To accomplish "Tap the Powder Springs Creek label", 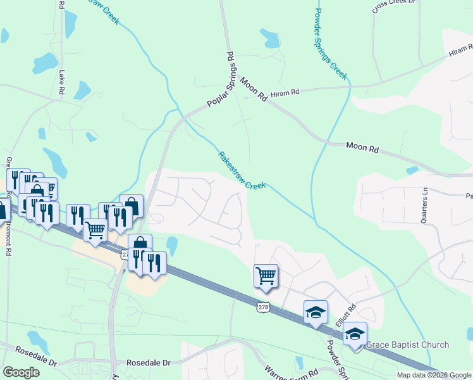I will (330, 43).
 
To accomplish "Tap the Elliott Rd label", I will (347, 315).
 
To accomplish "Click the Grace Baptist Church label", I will (408, 345).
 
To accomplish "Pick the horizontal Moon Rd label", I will (362, 149).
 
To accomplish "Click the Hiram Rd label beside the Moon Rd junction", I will (284, 93).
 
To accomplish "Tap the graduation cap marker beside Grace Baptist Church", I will (355, 333).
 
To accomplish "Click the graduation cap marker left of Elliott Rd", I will (316, 312).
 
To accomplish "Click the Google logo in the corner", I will (21, 372).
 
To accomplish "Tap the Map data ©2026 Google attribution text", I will (434, 375).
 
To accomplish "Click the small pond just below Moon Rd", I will (412, 170).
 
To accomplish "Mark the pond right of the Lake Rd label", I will (82, 91).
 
